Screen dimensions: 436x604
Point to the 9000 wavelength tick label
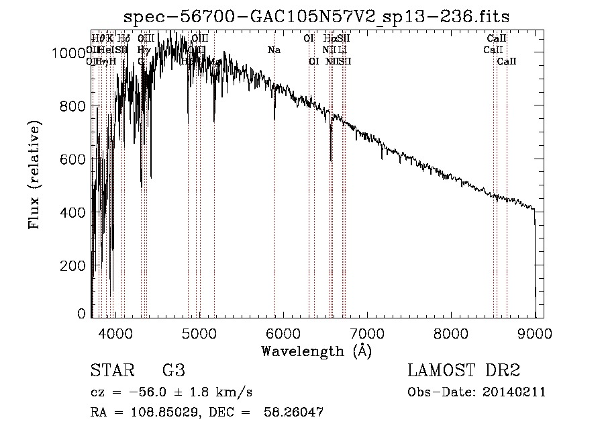tap(535, 333)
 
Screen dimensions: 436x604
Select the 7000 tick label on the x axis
tap(367, 333)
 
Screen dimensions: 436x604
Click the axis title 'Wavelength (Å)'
tap(316, 351)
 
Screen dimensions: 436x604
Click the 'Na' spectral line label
tap(274, 50)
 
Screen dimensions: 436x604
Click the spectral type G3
tap(173, 372)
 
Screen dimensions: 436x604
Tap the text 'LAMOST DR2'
tap(464, 372)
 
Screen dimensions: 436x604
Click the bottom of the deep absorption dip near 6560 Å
tap(331, 160)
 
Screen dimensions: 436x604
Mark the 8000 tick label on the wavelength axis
tap(451, 333)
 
